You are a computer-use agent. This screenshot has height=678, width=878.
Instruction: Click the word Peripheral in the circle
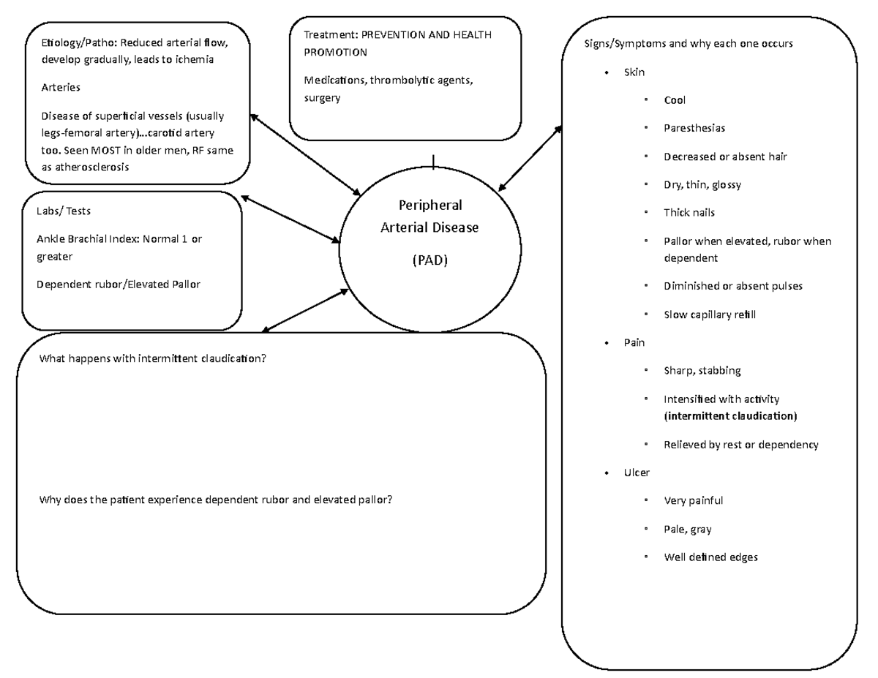point(429,206)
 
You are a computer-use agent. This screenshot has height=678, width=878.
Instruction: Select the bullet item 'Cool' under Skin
point(674,100)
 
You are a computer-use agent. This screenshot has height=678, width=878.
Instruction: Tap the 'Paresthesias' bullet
point(694,128)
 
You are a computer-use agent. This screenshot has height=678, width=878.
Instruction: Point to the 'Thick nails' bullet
point(688,213)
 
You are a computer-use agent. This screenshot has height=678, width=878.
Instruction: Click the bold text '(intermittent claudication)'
point(729,415)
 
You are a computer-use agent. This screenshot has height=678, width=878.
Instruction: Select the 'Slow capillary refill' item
point(709,314)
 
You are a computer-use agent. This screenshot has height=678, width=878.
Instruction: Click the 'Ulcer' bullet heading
point(636,472)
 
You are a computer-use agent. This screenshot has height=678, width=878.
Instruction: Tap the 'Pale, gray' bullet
point(687,529)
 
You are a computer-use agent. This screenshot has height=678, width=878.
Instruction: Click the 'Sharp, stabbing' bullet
point(702,371)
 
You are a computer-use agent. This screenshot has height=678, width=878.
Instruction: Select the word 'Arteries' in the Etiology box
point(61,87)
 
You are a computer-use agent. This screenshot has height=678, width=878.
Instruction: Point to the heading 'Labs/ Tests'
point(64,211)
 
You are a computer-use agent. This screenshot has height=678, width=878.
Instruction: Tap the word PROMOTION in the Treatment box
point(335,53)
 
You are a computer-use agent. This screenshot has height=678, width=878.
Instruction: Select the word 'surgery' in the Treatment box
point(322,97)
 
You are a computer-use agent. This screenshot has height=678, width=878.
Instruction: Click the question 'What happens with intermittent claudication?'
point(152,359)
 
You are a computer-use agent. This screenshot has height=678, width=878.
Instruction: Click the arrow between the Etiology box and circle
point(304,154)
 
